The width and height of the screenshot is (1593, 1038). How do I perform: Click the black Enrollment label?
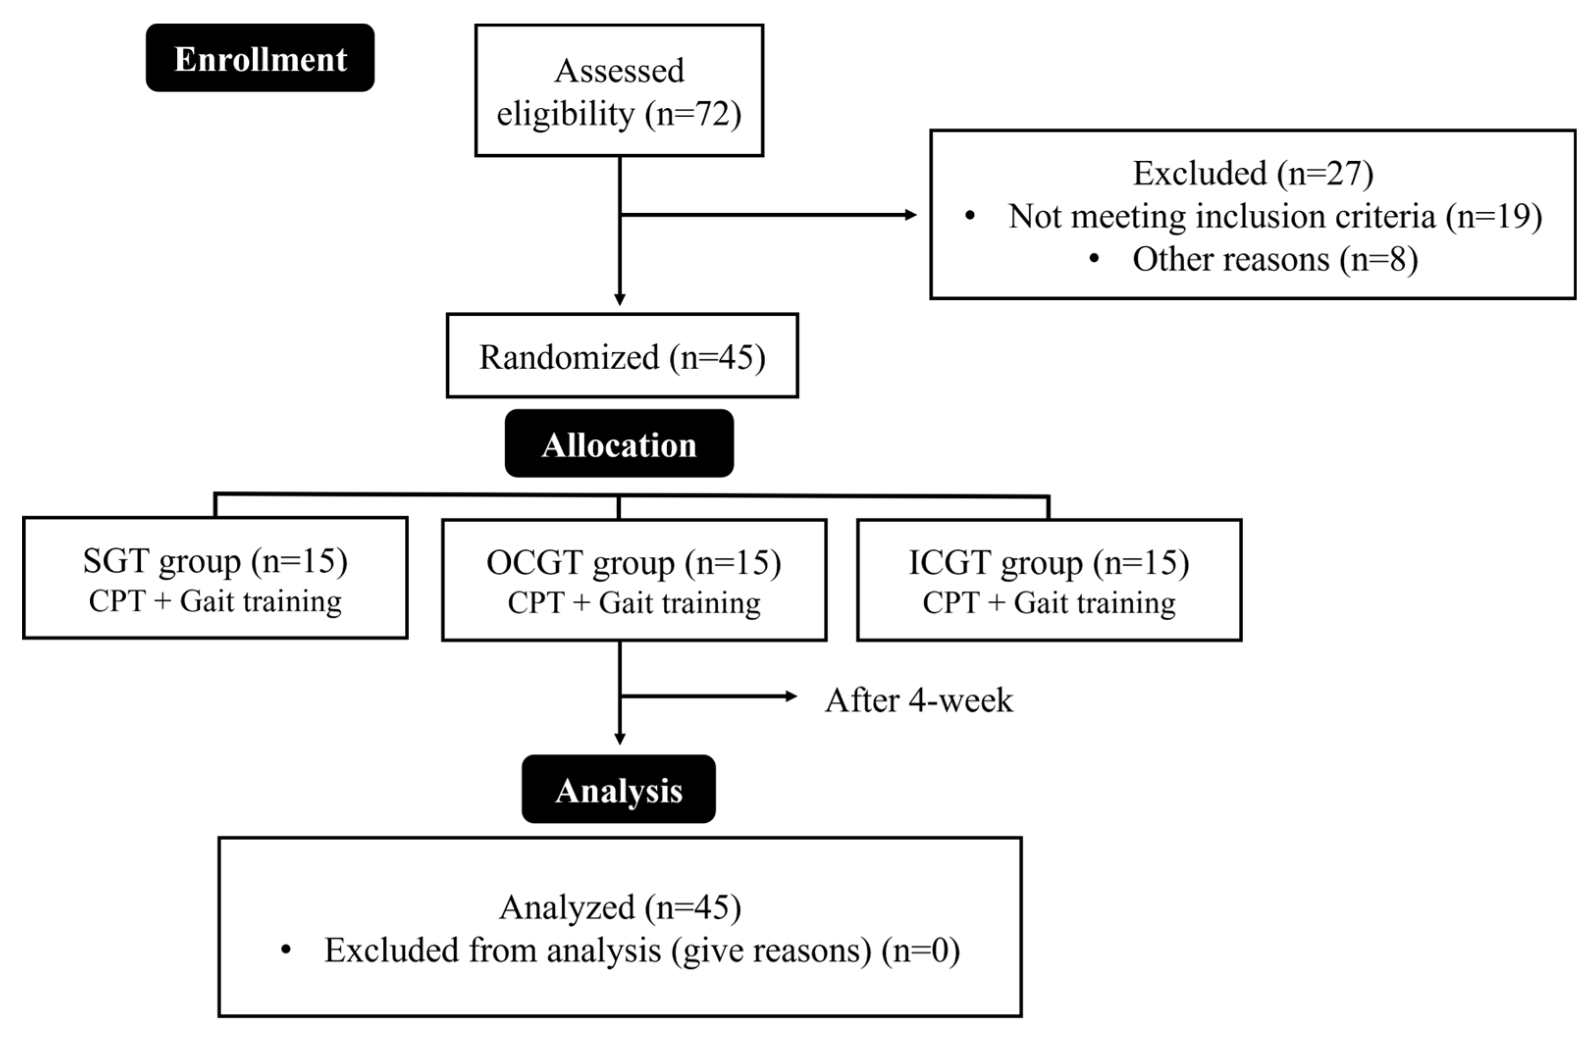click(x=260, y=59)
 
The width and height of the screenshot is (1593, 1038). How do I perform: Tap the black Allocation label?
click(x=619, y=445)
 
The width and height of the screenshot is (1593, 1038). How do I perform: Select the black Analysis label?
click(x=619, y=790)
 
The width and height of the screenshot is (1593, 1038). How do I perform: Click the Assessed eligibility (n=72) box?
click(x=619, y=92)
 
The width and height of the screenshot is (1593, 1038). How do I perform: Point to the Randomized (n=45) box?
click(x=622, y=356)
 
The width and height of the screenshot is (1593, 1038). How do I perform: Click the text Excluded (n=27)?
click(x=1253, y=173)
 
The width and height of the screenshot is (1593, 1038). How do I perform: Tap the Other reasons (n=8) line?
click(x=1275, y=259)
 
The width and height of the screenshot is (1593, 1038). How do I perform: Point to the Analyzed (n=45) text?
click(x=620, y=907)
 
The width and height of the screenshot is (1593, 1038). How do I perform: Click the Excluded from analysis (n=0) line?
click(x=642, y=950)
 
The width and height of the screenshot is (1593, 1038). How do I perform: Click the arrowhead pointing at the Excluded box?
click(x=910, y=215)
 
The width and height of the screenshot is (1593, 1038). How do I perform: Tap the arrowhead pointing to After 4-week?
click(x=791, y=697)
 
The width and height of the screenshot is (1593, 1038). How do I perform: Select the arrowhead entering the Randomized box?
click(x=620, y=299)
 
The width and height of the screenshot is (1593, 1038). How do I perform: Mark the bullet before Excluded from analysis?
click(x=287, y=950)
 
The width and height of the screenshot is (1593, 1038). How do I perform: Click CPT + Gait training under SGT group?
click(x=215, y=601)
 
